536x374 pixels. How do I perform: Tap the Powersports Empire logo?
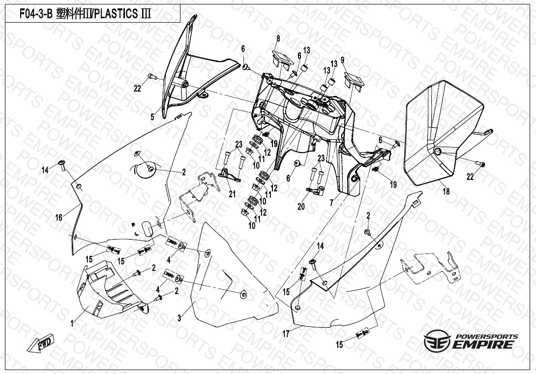pos(471,341)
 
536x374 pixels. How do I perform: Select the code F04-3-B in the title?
pos(35,14)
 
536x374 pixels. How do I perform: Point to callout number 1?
pos(72,323)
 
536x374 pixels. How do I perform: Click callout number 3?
pos(179,318)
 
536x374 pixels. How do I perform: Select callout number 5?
pos(152,117)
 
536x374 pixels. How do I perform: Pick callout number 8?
pos(278,38)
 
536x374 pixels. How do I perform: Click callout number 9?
pos(343,60)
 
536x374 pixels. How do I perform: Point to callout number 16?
pos(59,218)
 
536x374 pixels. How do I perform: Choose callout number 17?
pos(286,334)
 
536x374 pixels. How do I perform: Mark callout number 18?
pos(446,192)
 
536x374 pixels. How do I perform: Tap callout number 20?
pos(301,207)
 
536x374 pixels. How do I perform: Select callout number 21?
pos(232,194)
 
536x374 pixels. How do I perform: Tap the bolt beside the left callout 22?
pos(151,77)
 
